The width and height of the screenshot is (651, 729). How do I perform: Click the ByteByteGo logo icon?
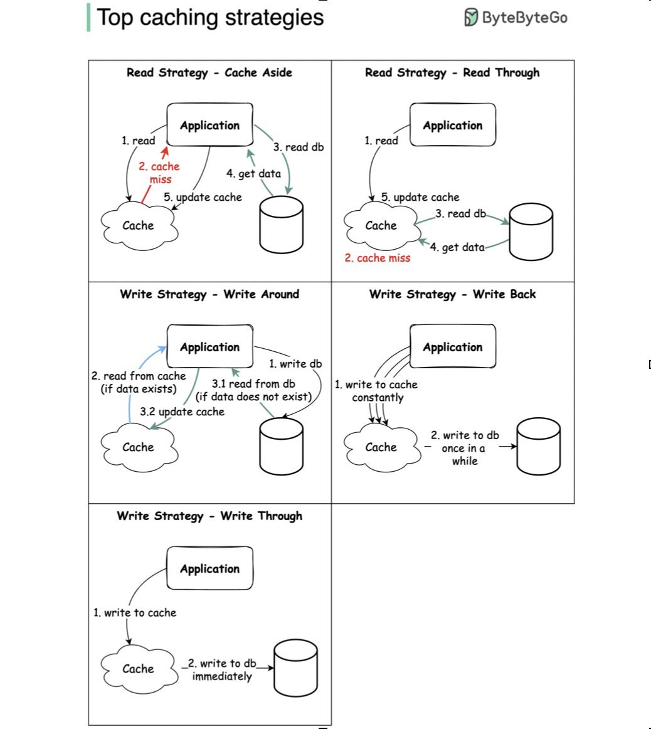pyautogui.click(x=471, y=17)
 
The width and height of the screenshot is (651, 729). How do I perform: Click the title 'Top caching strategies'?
pyautogui.click(x=210, y=18)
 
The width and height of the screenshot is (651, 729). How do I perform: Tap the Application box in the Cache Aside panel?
pyautogui.click(x=210, y=125)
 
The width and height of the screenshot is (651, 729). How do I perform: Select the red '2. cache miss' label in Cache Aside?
pyautogui.click(x=159, y=173)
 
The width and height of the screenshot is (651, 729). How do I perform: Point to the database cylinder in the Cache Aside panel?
pyautogui.click(x=282, y=225)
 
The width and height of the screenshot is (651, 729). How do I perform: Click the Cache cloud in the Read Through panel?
pyautogui.click(x=381, y=225)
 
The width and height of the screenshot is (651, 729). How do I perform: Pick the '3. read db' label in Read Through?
pyautogui.click(x=460, y=214)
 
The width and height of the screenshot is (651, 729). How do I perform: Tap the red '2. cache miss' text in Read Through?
pyautogui.click(x=378, y=258)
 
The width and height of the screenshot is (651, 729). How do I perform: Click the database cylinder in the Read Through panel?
pyautogui.click(x=531, y=231)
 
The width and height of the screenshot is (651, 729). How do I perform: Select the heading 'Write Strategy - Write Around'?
pyautogui.click(x=209, y=294)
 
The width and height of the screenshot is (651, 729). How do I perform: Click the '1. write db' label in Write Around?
pyautogui.click(x=295, y=364)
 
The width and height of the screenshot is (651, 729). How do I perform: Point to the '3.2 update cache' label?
pyautogui.click(x=182, y=412)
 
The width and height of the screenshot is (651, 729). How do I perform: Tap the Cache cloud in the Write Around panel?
pyautogui.click(x=139, y=447)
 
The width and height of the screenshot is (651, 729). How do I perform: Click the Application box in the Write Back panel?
pyautogui.click(x=453, y=346)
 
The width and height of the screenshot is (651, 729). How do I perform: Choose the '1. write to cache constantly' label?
pyautogui.click(x=376, y=391)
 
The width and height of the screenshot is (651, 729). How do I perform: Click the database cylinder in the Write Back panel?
pyautogui.click(x=539, y=446)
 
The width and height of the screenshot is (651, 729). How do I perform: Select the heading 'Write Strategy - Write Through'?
pyautogui.click(x=209, y=516)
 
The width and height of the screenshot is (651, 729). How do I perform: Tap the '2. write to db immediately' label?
pyautogui.click(x=221, y=670)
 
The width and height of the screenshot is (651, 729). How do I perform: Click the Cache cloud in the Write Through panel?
pyautogui.click(x=139, y=669)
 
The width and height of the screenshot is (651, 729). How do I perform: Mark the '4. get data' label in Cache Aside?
pyautogui.click(x=254, y=174)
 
